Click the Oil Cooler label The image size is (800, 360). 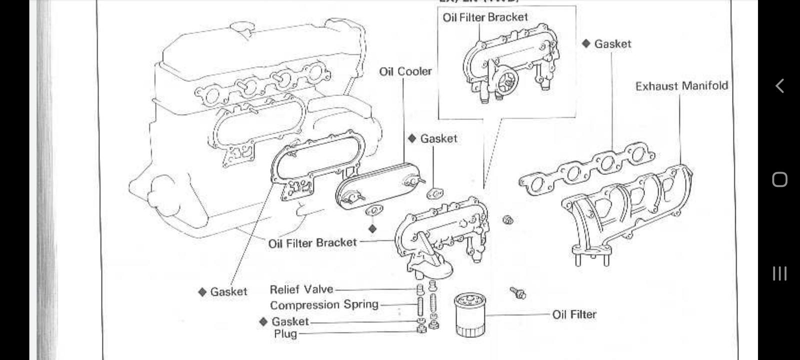click(405, 71)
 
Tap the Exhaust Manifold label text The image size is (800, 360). click(681, 86)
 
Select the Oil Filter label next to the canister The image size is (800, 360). click(574, 314)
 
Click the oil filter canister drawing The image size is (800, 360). click(469, 315)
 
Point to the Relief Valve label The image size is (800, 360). click(301, 289)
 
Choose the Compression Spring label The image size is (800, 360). click(324, 305)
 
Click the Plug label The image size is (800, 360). click(285, 334)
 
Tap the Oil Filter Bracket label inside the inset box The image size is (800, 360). click(485, 17)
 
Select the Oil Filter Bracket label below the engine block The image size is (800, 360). click(312, 243)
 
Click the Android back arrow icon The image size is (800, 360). click(779, 86)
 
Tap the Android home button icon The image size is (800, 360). click(779, 179)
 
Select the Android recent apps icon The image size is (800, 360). click(779, 273)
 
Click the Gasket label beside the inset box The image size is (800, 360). click(612, 44)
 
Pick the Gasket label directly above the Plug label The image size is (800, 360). click(290, 321)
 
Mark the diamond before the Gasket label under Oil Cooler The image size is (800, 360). click(412, 138)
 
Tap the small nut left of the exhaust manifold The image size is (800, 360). click(508, 219)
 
